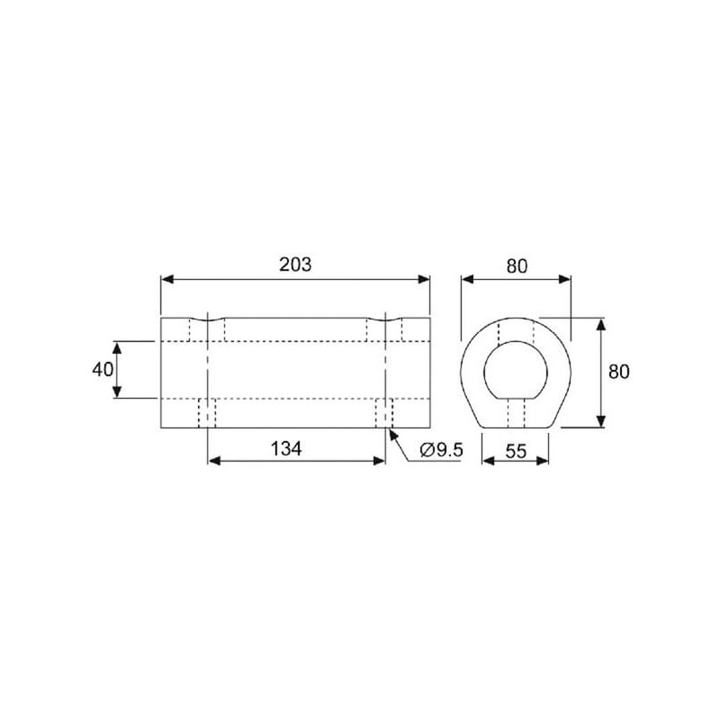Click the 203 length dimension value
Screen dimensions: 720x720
click(295, 265)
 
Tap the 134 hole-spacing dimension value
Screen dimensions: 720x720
click(286, 448)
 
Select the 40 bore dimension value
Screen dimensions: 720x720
click(103, 369)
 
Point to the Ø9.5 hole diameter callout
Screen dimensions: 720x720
click(441, 450)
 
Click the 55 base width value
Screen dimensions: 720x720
click(516, 452)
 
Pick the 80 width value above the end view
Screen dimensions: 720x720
click(517, 266)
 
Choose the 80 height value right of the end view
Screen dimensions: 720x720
click(618, 372)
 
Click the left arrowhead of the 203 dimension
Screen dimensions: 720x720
click(167, 279)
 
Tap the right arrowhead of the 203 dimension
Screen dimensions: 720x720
click(424, 279)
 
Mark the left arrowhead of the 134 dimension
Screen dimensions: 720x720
click(214, 461)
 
